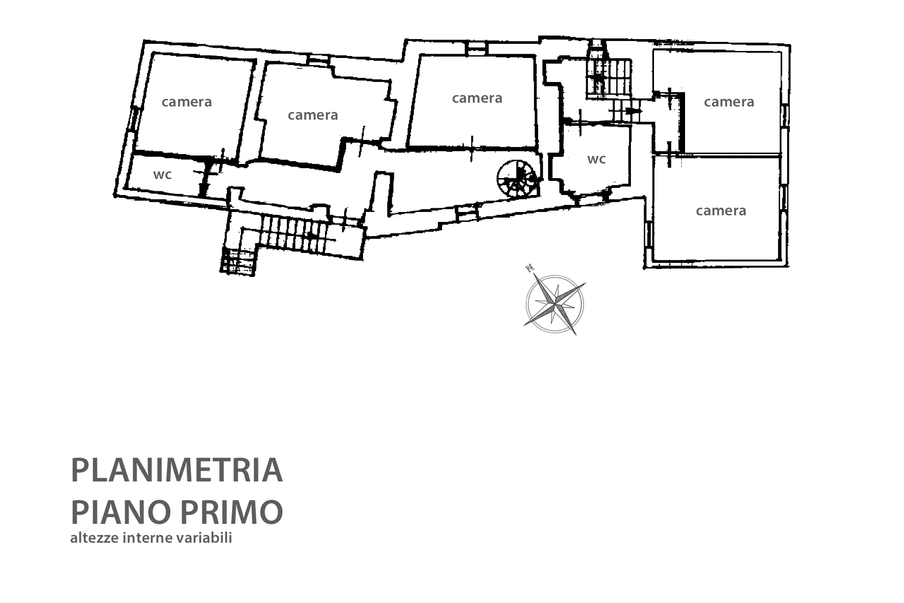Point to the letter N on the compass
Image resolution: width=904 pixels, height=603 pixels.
tap(530, 269)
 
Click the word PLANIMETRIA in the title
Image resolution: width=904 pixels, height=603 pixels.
tap(177, 470)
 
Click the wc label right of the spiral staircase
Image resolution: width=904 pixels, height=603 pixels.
tap(597, 159)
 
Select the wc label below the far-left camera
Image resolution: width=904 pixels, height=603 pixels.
tap(162, 175)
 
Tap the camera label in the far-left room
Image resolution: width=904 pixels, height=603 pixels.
tap(186, 102)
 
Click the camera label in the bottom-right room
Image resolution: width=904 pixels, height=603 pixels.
tap(721, 211)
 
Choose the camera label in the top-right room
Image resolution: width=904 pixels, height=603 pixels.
tap(729, 102)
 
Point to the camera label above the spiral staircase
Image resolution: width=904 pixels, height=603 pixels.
tap(477, 98)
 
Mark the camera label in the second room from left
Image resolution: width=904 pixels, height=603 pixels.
tap(313, 115)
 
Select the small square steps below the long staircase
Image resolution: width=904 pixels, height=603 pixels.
tap(238, 261)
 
